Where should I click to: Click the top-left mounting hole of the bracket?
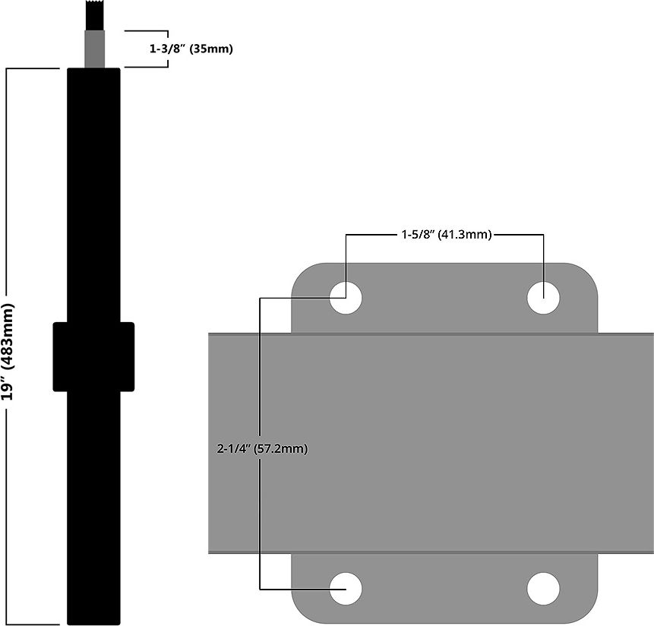346,297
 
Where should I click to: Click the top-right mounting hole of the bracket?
543,297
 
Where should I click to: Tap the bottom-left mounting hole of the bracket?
346,588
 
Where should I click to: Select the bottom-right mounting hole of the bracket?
543,588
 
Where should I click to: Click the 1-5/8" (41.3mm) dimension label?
446,235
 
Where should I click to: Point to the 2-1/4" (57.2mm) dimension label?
262,448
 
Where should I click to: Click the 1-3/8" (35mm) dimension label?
191,49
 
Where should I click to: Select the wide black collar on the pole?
93,356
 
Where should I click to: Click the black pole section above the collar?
93,190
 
